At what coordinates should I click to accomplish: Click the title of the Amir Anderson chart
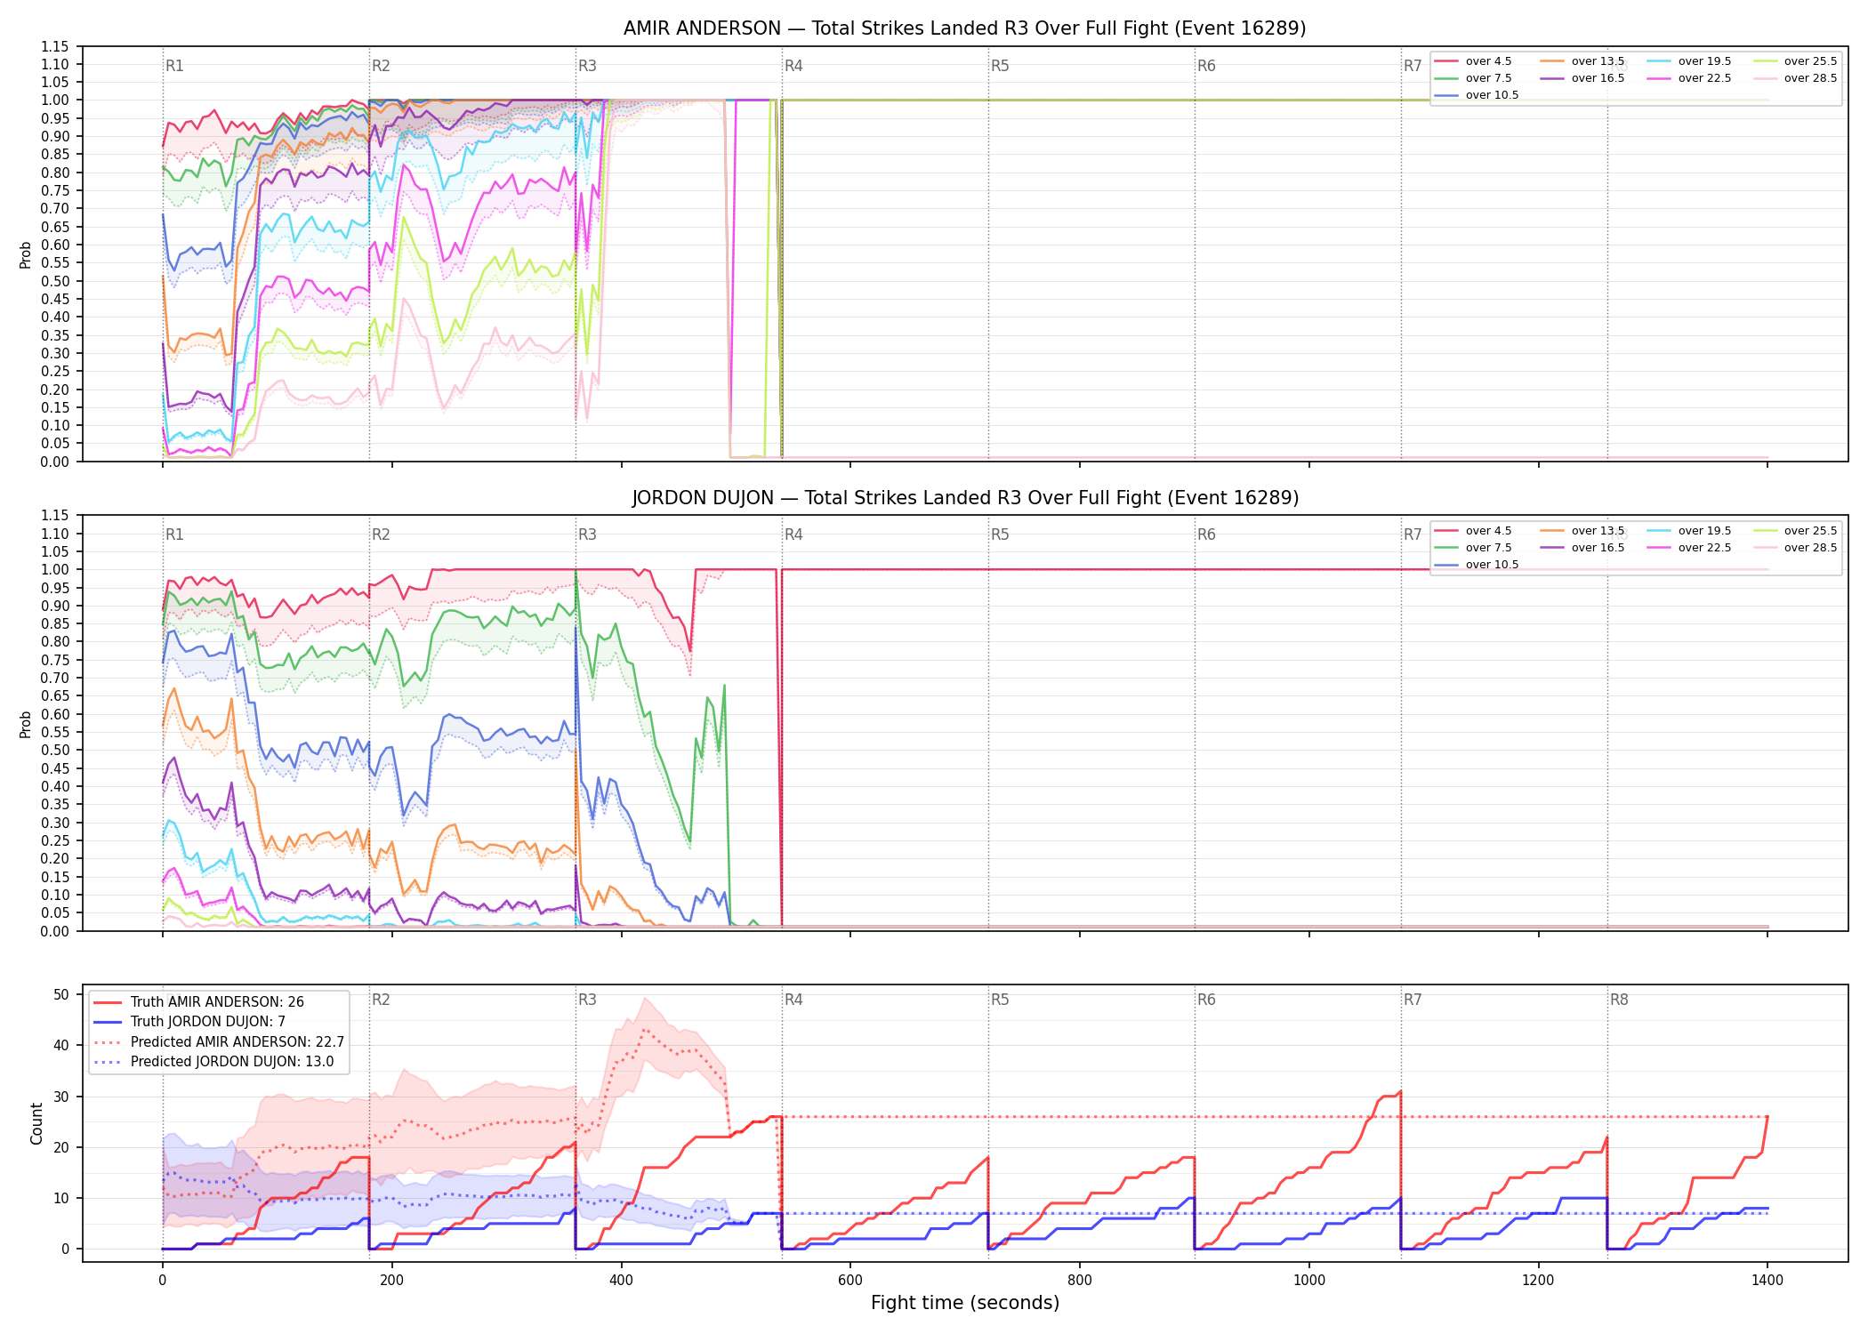pyautogui.click(x=964, y=28)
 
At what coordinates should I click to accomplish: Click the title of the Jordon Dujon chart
pyautogui.click(x=965, y=498)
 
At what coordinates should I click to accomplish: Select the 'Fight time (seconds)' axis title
pyautogui.click(x=965, y=1303)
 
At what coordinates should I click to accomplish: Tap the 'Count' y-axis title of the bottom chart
pyautogui.click(x=36, y=1123)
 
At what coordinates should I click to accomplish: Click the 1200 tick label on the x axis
pyautogui.click(x=1538, y=1281)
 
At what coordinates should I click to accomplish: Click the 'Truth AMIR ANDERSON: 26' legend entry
pyautogui.click(x=217, y=1001)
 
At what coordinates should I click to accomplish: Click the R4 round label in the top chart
pyautogui.click(x=793, y=66)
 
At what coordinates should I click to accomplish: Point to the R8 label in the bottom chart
pyautogui.click(x=1619, y=1000)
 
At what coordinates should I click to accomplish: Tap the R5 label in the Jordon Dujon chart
pyautogui.click(x=1000, y=534)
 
